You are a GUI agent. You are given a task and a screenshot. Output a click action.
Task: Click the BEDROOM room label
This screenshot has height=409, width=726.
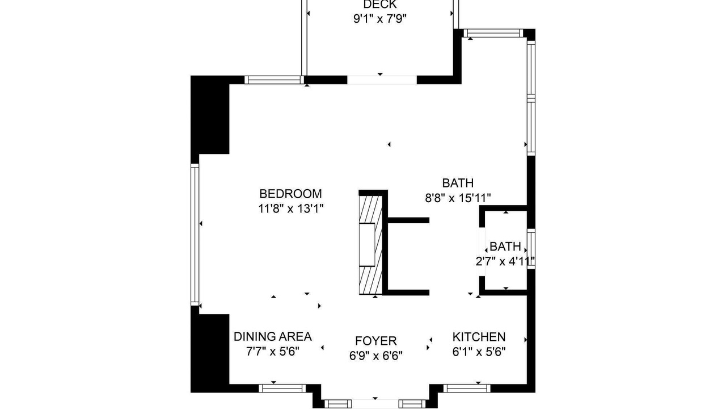click(290, 194)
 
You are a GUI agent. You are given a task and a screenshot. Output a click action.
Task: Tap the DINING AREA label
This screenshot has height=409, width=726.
click(273, 337)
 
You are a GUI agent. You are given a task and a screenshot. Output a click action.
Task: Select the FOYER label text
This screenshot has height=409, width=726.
click(375, 341)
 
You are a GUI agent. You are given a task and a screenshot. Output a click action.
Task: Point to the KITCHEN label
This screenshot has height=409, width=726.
click(479, 337)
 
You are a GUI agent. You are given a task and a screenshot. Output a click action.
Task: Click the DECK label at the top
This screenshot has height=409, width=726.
click(380, 5)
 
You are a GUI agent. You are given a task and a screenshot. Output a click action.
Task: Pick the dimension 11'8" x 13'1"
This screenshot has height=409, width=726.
click(291, 208)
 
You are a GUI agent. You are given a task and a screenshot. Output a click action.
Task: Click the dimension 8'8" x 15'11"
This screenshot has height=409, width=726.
click(458, 198)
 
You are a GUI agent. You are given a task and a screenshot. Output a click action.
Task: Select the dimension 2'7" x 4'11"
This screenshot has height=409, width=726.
click(505, 261)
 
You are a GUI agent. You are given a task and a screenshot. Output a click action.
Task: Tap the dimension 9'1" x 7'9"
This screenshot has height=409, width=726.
click(380, 19)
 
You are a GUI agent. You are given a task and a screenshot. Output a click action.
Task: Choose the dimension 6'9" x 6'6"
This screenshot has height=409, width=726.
click(375, 356)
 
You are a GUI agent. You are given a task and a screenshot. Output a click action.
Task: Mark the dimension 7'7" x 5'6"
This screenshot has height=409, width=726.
click(273, 351)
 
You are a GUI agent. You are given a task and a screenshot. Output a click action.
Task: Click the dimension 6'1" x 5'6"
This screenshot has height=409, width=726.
click(479, 352)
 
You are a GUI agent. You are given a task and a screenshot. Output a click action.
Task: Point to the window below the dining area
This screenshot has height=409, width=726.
click(282, 388)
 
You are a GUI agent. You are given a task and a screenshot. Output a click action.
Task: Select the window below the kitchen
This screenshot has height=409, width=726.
click(467, 388)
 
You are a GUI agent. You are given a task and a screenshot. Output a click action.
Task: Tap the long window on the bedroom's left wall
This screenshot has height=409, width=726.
click(195, 235)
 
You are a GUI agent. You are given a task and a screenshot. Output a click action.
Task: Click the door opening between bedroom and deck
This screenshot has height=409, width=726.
click(382, 80)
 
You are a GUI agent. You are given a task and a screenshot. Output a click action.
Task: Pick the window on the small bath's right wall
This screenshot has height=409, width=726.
click(531, 249)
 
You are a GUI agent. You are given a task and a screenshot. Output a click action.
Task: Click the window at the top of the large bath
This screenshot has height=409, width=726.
click(493, 33)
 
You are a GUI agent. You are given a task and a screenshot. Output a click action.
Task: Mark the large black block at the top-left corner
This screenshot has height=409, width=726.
click(210, 115)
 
